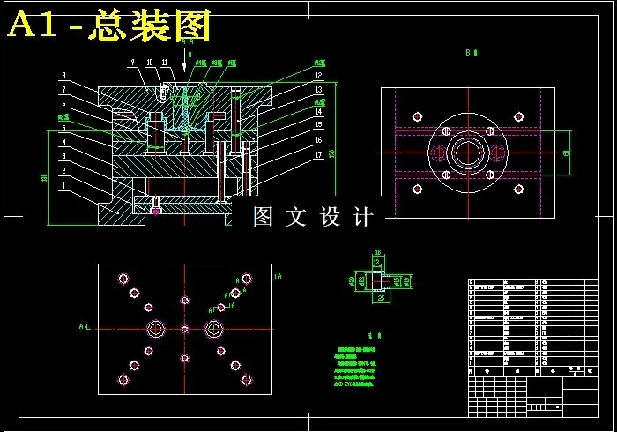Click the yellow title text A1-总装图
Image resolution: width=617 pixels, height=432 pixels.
tap(110, 26)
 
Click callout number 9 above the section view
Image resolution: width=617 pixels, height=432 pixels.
tap(132, 62)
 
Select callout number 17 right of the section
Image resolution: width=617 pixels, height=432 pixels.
tap(319, 153)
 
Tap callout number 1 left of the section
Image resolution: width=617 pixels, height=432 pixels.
tap(63, 187)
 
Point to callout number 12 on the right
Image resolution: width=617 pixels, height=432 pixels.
tap(319, 77)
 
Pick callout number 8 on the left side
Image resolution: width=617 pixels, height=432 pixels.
tap(63, 76)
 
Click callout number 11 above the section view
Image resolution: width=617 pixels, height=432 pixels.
tap(165, 62)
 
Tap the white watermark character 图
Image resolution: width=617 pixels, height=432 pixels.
tap(264, 216)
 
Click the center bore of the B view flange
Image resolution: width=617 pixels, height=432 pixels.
tap(467, 152)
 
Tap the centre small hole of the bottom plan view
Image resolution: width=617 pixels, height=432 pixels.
tap(184, 329)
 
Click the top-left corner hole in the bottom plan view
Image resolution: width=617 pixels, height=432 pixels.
tap(123, 279)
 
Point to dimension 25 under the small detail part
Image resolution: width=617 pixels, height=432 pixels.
tap(379, 298)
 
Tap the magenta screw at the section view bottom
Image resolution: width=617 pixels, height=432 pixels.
tap(156, 211)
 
